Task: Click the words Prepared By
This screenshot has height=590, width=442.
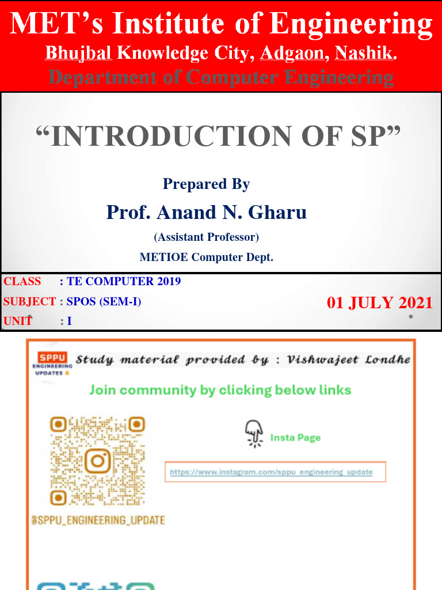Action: [206, 184]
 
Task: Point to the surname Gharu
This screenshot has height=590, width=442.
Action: [277, 213]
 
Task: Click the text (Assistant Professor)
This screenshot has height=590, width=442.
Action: [206, 237]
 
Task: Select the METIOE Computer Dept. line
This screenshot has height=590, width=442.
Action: [206, 258]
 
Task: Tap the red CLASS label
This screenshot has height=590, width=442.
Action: [22, 281]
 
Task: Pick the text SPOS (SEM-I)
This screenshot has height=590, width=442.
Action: [104, 301]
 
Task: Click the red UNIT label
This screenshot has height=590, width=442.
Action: [18, 321]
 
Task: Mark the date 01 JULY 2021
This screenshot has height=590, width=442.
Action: [379, 303]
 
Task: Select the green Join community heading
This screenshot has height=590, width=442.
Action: [220, 390]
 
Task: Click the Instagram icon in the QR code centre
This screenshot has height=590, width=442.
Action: [97, 461]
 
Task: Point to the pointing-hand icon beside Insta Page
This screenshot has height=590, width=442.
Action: [253, 433]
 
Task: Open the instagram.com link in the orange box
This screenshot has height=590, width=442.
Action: [271, 472]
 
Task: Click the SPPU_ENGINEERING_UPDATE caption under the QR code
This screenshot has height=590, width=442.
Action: [98, 520]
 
